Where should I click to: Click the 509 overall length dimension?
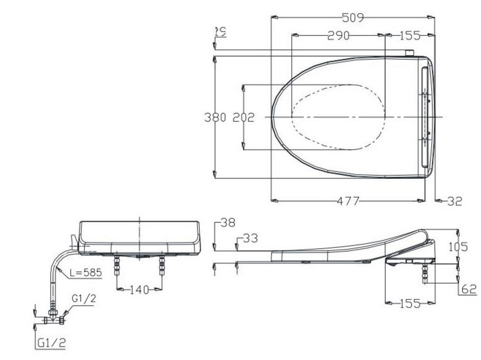[353, 17]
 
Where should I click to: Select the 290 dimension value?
[338, 36]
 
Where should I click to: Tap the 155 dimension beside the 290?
[409, 36]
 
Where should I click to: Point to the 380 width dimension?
[215, 117]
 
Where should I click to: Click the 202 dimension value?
[243, 117]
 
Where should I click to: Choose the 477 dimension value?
[348, 201]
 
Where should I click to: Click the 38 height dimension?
[228, 223]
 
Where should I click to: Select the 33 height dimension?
[250, 238]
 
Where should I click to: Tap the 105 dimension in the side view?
[458, 247]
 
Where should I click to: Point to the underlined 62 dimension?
[469, 289]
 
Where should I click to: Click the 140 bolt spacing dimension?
[139, 290]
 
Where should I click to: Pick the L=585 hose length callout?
[85, 273]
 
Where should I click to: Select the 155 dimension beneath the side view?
[409, 304]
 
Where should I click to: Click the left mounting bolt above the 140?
[117, 265]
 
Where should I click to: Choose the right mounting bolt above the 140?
[162, 265]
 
